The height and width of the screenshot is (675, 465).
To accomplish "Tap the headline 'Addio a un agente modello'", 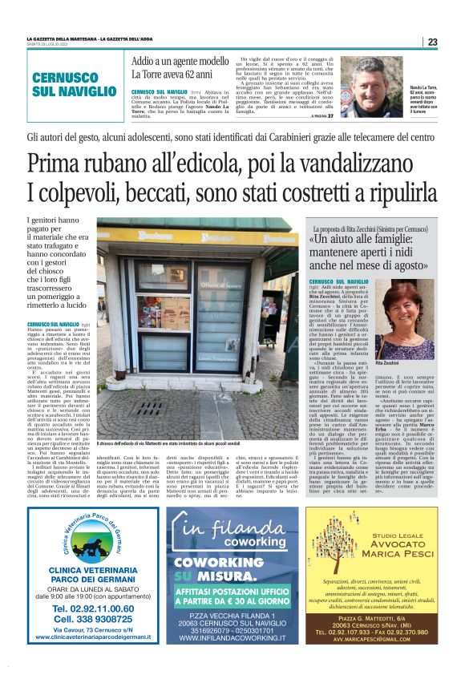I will (x=180, y=61).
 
